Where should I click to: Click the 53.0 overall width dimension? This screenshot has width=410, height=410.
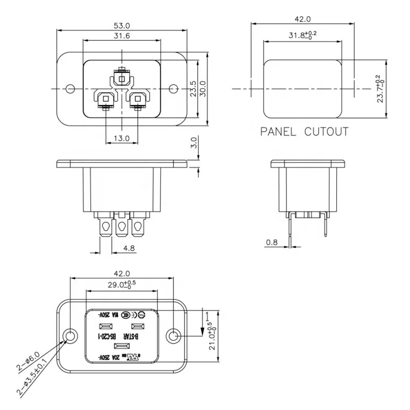tap(121, 25)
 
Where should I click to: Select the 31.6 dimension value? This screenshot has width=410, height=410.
tap(121, 35)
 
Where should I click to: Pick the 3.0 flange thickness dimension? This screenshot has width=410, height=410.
tap(194, 141)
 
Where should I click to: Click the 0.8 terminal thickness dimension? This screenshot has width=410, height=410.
tap(272, 242)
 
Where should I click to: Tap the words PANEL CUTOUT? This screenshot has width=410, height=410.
tap(304, 132)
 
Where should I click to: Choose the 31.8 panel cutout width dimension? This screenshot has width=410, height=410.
tap(302, 35)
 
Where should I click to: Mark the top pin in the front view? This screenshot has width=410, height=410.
tap(121, 78)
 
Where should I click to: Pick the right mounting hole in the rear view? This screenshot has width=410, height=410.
tap(174, 336)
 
